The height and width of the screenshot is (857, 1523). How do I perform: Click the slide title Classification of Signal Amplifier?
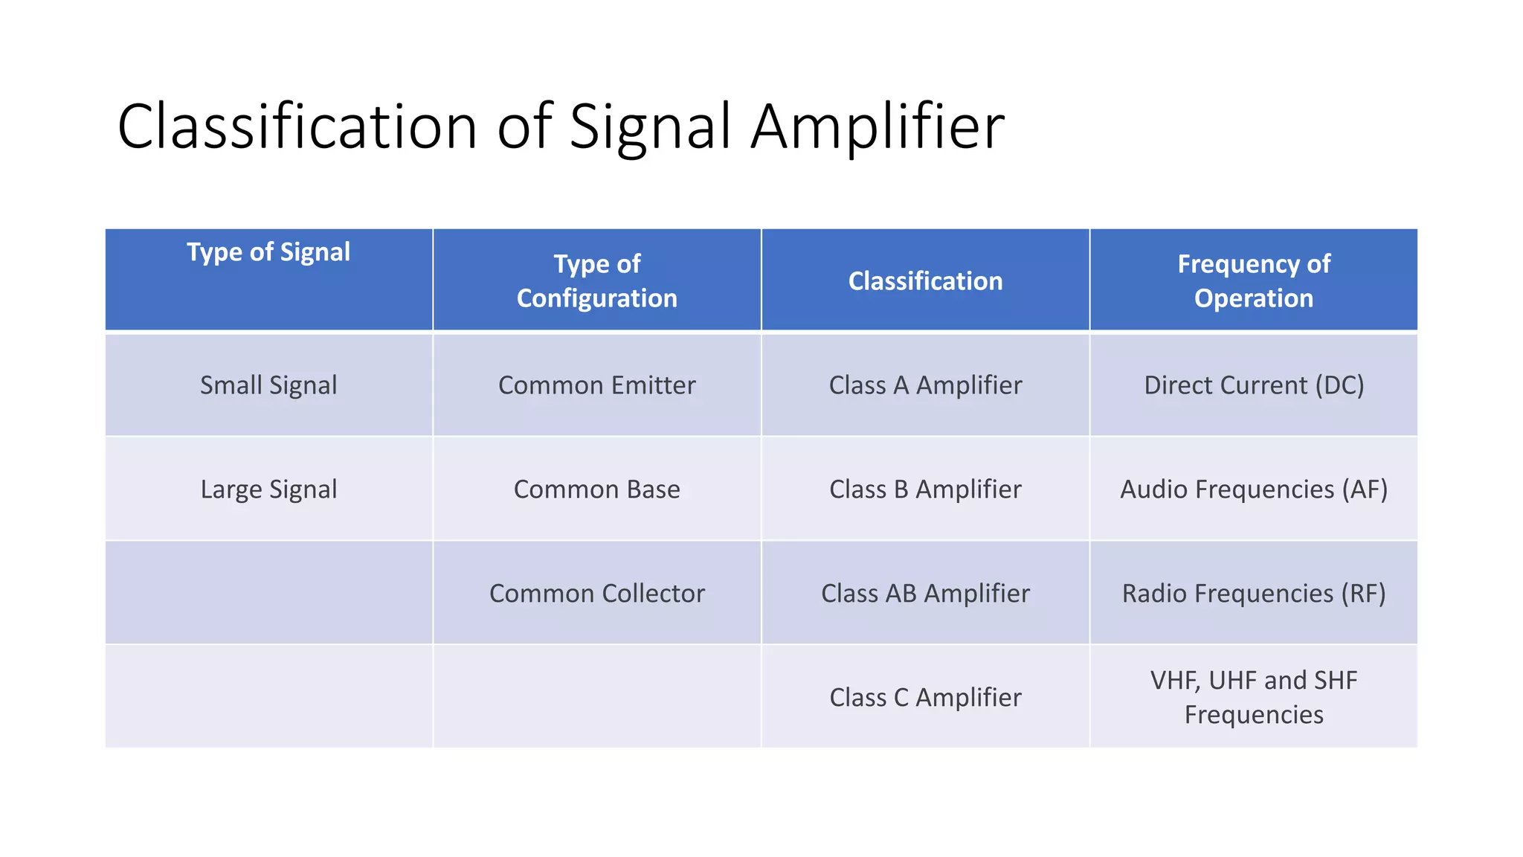click(x=561, y=126)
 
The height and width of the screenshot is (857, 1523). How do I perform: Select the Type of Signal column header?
click(x=268, y=252)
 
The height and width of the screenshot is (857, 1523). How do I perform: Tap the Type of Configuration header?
click(x=597, y=280)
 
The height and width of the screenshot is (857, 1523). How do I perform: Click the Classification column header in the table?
click(x=925, y=281)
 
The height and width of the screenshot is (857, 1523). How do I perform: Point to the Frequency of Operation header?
click(x=1254, y=280)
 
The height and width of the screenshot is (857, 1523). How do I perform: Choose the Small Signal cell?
click(x=268, y=385)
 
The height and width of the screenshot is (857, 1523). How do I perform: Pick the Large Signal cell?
click(x=268, y=490)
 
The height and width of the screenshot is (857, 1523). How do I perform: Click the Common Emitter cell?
click(x=597, y=385)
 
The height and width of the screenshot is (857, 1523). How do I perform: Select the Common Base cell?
click(x=597, y=490)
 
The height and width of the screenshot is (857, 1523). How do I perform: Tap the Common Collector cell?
click(x=597, y=594)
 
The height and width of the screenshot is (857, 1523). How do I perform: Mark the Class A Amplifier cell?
click(x=925, y=385)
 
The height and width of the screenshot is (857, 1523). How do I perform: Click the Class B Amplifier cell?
click(x=925, y=490)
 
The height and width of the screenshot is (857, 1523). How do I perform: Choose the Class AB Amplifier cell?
click(x=925, y=594)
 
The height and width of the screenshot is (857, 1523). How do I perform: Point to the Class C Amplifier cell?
click(x=925, y=698)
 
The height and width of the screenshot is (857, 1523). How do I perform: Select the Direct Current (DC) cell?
click(x=1254, y=385)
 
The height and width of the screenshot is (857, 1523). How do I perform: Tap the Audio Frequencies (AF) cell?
click(x=1254, y=490)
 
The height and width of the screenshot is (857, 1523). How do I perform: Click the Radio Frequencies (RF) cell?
click(x=1254, y=594)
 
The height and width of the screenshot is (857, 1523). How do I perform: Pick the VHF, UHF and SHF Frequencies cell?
click(x=1254, y=697)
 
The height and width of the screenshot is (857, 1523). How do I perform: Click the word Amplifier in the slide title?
click(x=878, y=126)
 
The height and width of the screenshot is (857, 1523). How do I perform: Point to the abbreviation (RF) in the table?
click(x=1363, y=594)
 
